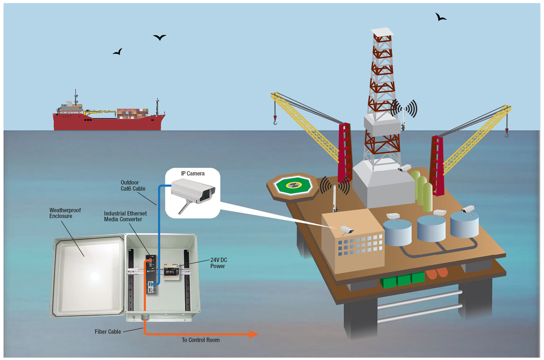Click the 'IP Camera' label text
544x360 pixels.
193,174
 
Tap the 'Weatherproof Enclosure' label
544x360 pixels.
65,213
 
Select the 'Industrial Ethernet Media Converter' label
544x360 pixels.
125,216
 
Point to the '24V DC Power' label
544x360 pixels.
218,263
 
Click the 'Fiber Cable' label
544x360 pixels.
108,332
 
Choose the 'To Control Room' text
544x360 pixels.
200,340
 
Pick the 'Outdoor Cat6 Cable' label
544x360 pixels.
133,186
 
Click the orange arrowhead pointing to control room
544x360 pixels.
253,334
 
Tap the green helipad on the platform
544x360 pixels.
293,186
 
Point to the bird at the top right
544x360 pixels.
440,17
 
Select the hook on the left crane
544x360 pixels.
275,121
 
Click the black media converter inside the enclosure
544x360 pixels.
151,274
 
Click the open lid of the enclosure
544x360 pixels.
89,276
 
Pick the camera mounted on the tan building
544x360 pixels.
347,230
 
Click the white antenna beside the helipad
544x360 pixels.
334,198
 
